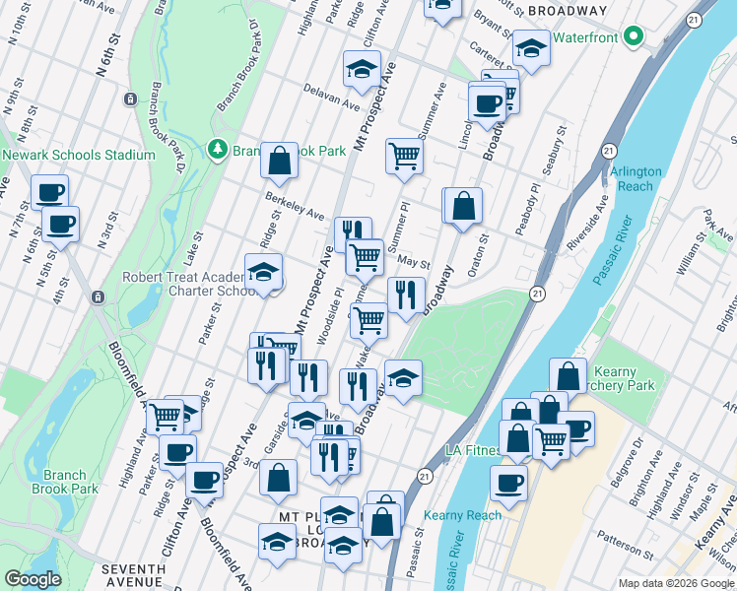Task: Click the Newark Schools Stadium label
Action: pos(79,155)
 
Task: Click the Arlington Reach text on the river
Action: pos(636,178)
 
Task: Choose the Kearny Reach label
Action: pos(462,515)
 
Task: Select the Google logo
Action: pos(33,580)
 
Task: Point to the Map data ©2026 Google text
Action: pos(675,583)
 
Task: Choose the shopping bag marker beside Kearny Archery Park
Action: pos(568,375)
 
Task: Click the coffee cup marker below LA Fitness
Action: pos(508,483)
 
